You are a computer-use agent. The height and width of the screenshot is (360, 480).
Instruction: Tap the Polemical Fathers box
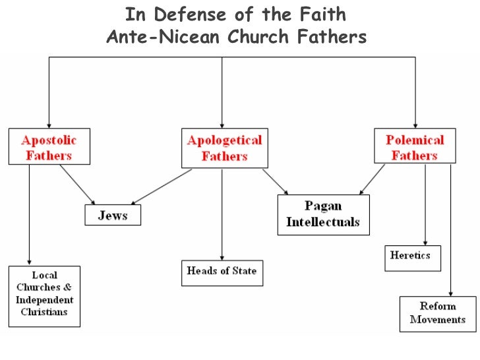coord(415,146)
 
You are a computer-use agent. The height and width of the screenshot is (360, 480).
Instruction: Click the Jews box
coord(113,215)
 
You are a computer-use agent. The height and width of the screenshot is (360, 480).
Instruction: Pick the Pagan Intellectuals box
coord(323,214)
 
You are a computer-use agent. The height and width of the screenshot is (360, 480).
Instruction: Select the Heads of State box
coord(222,272)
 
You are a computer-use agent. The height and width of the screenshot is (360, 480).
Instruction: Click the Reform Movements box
coord(437,313)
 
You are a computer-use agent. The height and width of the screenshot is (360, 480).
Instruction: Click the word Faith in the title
coord(322,14)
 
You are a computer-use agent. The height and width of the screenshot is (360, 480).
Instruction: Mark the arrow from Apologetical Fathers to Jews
coord(162,186)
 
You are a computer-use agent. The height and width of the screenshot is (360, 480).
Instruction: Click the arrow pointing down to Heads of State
coord(222,211)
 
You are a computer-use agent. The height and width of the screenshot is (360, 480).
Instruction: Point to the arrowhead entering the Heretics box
coord(425,242)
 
